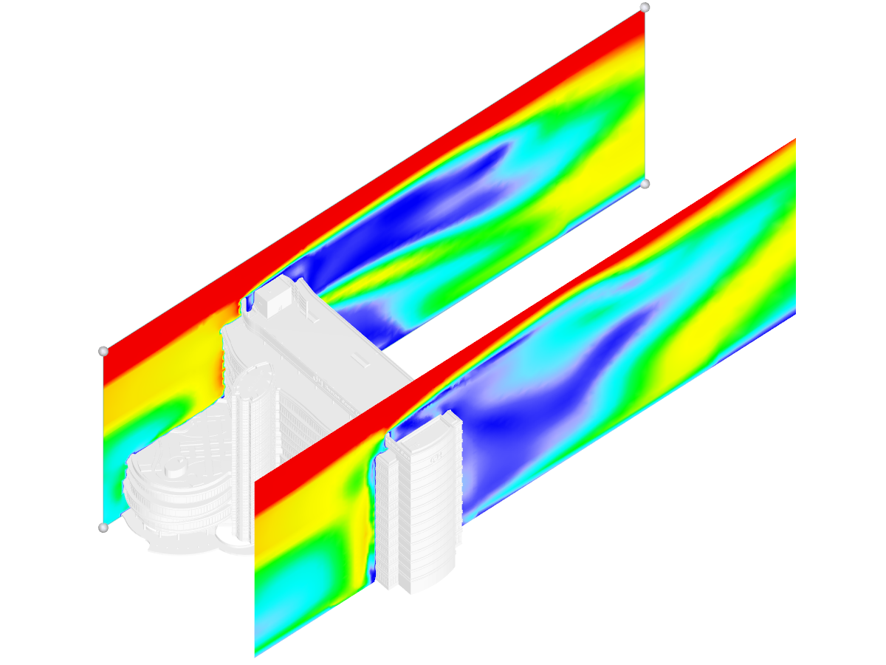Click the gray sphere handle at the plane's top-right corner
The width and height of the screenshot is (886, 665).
[645, 7]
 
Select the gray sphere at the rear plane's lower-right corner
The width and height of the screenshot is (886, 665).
[645, 183]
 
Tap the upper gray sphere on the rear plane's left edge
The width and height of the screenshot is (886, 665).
[103, 351]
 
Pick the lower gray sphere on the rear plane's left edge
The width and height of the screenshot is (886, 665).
[103, 528]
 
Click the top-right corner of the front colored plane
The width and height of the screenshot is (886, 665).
[794, 140]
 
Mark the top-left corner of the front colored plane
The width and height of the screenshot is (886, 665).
[255, 480]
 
